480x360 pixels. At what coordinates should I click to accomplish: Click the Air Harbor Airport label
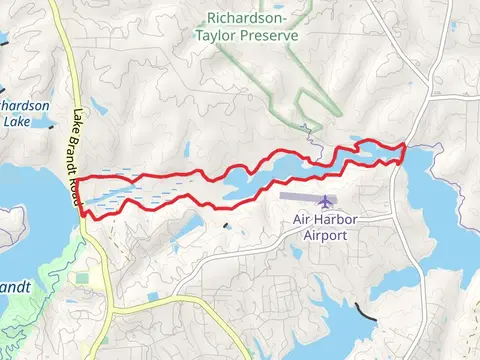[x=320, y=227]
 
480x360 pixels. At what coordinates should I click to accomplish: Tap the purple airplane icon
[x=323, y=201]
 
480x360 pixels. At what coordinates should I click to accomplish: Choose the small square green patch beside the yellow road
[x=79, y=277]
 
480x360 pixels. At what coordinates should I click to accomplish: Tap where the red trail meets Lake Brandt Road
[x=78, y=195]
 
